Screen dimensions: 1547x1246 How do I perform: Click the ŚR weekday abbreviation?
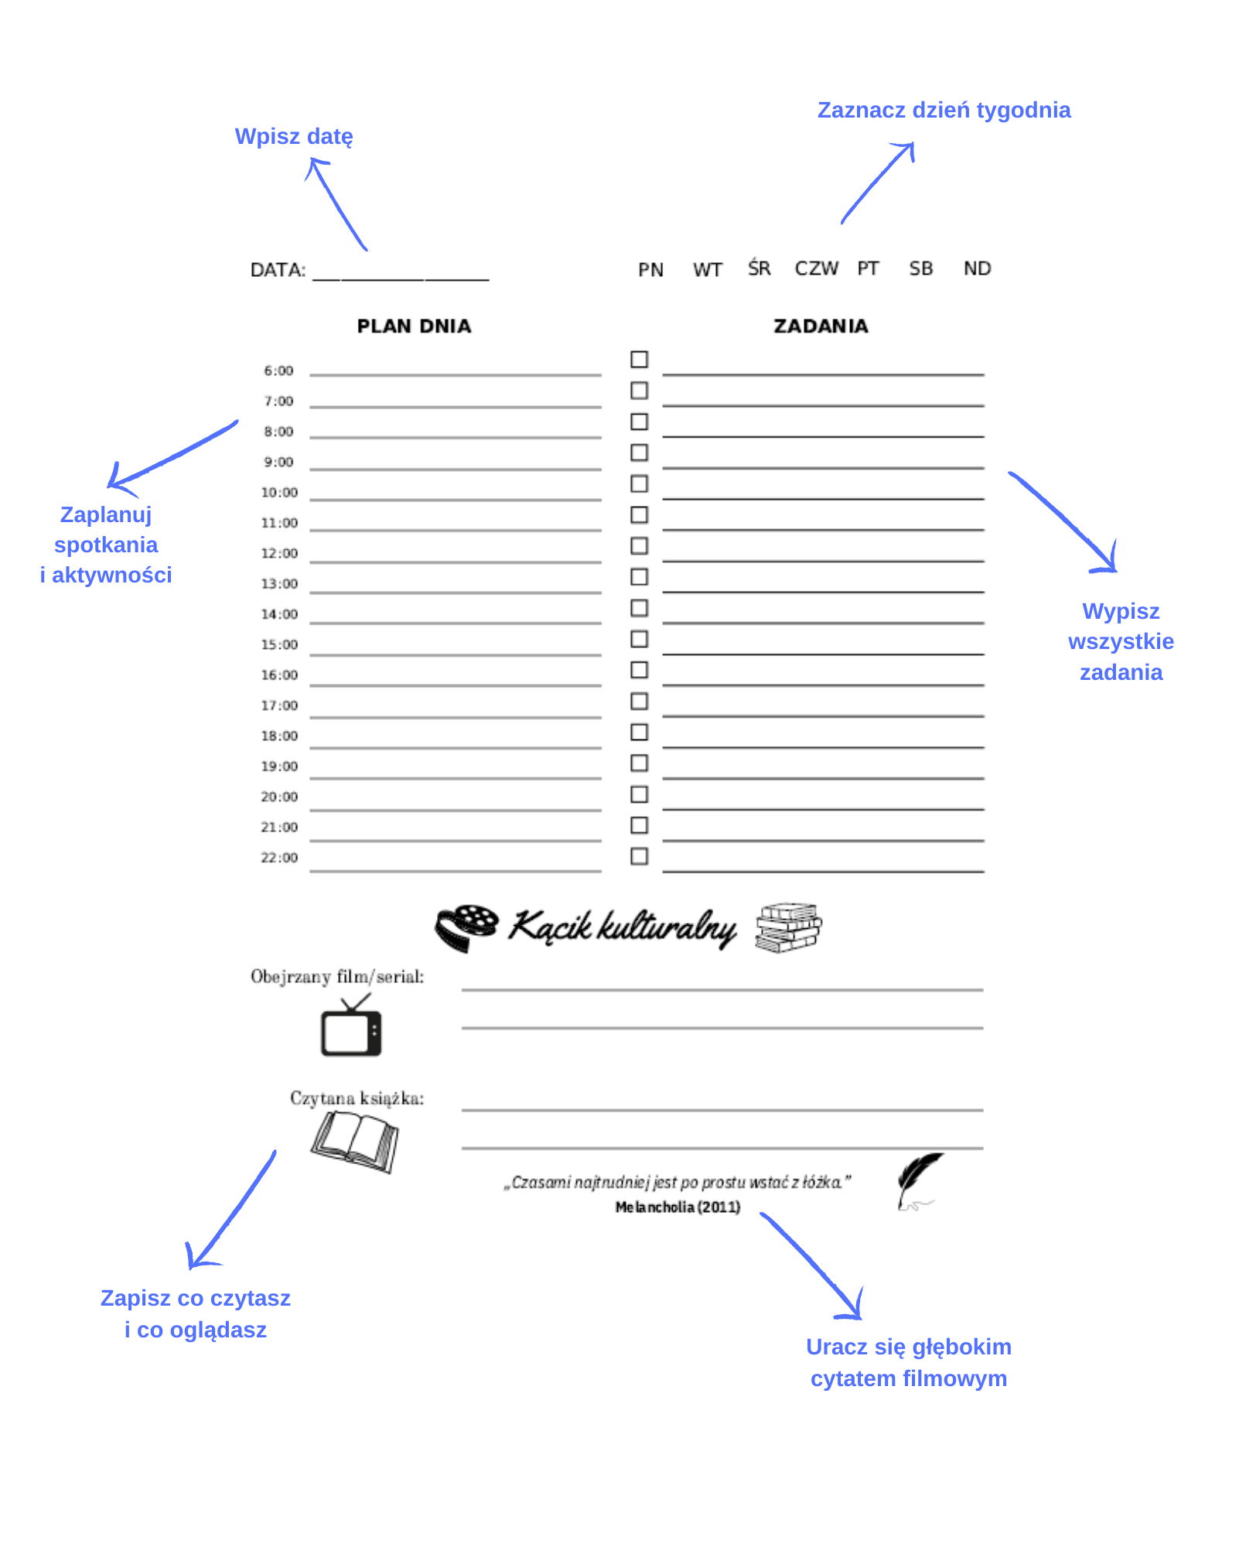point(759,268)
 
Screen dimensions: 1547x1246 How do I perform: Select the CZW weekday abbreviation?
point(816,268)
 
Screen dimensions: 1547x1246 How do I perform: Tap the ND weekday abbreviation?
point(977,268)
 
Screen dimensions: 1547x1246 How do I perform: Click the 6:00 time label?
point(278,371)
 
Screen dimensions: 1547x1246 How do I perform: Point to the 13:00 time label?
point(279,584)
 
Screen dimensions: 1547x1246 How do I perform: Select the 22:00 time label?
point(279,858)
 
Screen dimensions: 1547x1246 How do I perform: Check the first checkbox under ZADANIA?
point(640,360)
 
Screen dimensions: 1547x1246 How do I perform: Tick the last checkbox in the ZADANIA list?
point(640,856)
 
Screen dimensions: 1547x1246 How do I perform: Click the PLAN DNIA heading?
point(414,326)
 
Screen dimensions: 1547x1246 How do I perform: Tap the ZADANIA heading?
point(821,326)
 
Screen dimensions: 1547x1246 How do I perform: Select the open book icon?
point(355,1141)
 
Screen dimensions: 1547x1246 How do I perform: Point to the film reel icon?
point(466,927)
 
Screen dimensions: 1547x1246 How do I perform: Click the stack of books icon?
point(788,927)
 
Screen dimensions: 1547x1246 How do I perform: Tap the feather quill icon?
point(918,1180)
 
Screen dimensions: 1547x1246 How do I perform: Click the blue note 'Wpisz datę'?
point(294,137)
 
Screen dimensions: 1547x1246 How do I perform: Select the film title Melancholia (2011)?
point(678,1207)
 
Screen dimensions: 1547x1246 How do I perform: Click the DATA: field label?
point(278,270)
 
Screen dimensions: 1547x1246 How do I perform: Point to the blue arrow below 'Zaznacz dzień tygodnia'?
point(879,183)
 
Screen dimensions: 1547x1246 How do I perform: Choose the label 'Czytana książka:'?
point(357,1098)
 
